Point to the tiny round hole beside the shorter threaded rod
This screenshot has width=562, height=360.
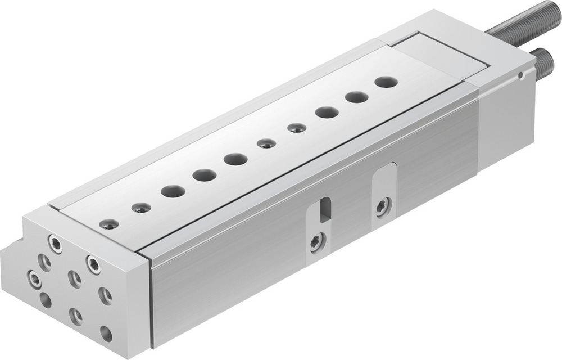click(522, 74)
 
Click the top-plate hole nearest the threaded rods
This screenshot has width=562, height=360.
click(386, 82)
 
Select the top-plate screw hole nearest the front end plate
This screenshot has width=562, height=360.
click(109, 224)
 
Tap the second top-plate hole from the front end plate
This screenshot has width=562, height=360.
click(141, 208)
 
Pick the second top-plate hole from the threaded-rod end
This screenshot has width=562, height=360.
click(356, 97)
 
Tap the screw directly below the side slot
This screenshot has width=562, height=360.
click(316, 243)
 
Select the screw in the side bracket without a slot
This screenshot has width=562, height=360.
click(383, 206)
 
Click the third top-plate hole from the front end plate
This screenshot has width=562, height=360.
click(173, 191)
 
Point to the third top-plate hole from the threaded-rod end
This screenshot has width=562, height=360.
click(327, 112)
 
